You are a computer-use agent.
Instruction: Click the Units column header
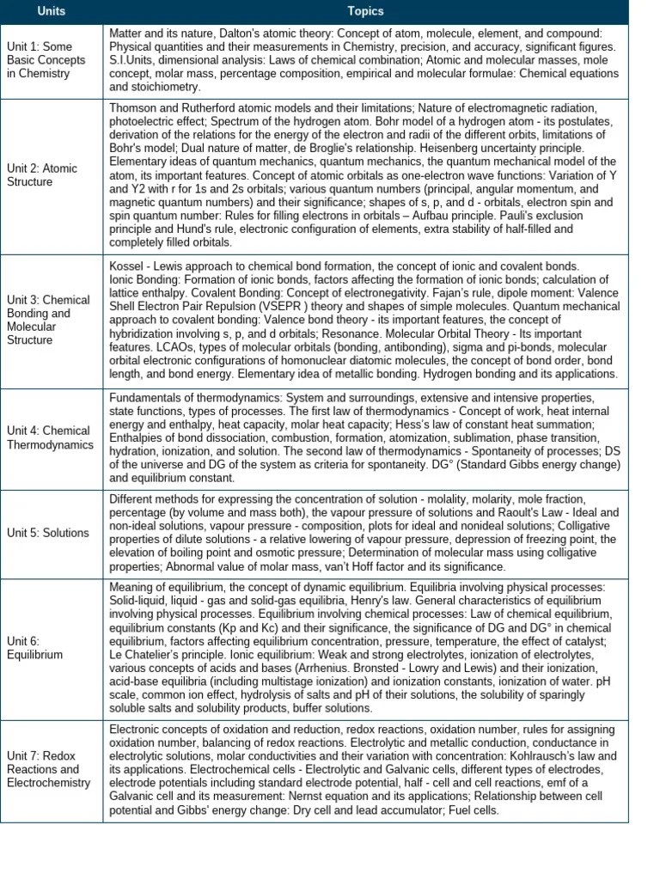point(51,11)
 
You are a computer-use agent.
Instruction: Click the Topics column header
point(365,11)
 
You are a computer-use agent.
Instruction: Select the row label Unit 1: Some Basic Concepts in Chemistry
point(46,60)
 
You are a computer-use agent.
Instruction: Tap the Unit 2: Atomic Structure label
point(42,175)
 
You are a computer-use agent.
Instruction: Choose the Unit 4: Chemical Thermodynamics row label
point(49,437)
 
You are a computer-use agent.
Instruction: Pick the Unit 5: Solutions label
point(48,533)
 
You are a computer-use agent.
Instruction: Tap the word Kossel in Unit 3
point(126,266)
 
